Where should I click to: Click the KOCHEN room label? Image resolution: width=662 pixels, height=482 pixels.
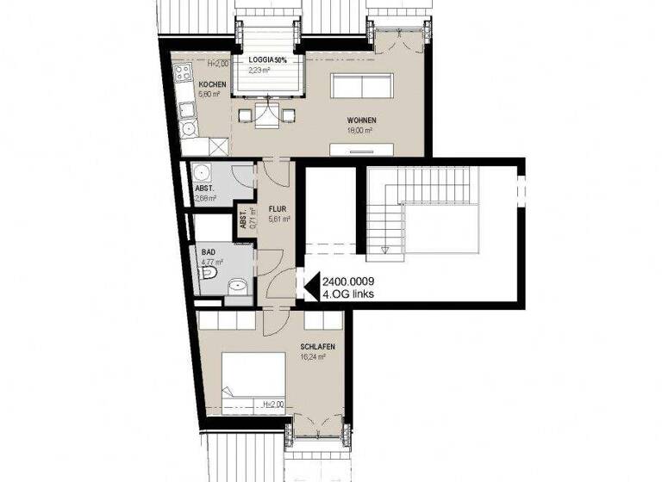tap(212, 84)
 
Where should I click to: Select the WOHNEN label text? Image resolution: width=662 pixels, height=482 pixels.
tap(360, 120)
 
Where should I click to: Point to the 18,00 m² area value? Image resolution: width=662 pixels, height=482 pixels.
tap(359, 130)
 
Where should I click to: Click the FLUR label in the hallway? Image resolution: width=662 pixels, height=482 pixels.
tap(277, 209)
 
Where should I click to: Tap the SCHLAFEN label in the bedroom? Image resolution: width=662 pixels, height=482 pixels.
tap(317, 347)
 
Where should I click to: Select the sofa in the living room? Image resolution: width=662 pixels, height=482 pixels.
tap(363, 87)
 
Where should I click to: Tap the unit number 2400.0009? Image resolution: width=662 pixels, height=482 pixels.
tap(348, 281)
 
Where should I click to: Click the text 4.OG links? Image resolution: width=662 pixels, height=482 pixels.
tap(347, 294)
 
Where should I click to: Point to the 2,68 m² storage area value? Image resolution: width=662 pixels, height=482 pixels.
tap(205, 198)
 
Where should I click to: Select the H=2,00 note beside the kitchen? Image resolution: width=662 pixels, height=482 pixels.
tap(217, 64)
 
